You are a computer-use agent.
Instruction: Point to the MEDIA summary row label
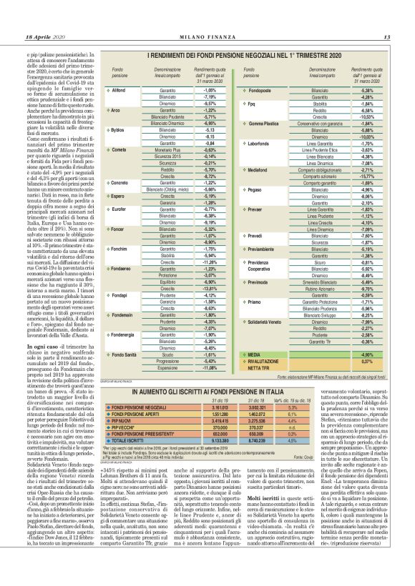pyautogui.click(x=253, y=354)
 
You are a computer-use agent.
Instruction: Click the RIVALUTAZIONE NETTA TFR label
pyautogui.click(x=264, y=364)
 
